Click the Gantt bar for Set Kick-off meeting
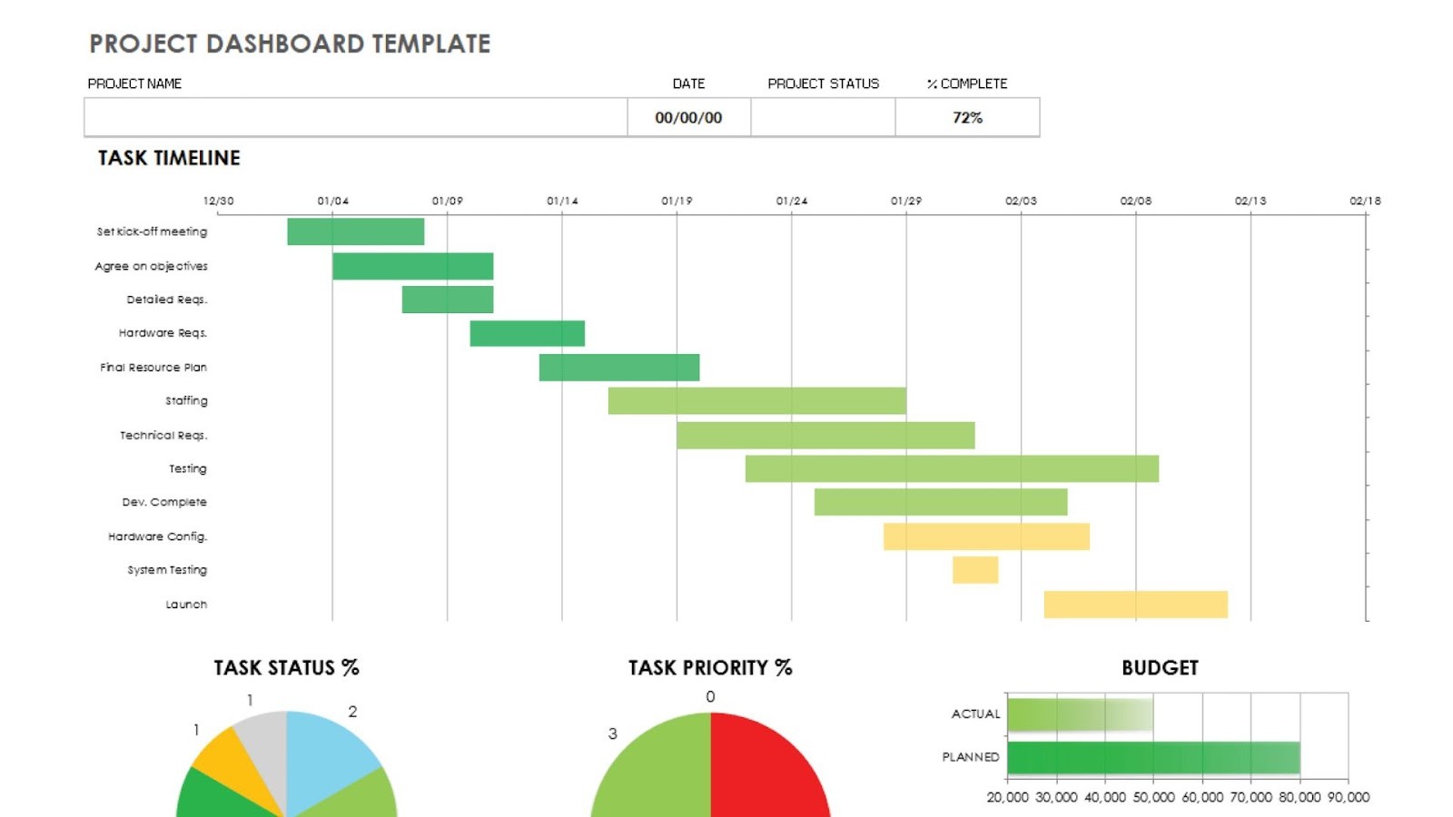(355, 231)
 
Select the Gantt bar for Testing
(951, 468)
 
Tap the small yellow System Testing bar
(974, 570)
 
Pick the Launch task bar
(1135, 605)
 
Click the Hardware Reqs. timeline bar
(527, 333)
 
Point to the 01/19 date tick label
(677, 201)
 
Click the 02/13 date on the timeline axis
(1250, 201)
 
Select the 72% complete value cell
(967, 118)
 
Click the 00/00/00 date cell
(688, 118)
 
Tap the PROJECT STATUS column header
(823, 84)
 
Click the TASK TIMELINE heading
(169, 158)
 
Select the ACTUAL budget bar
(1079, 714)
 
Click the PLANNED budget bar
(1152, 758)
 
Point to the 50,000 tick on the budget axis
(1153, 797)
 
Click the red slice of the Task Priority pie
(767, 772)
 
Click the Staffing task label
(186, 400)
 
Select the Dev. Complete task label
(164, 502)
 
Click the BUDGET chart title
(1160, 668)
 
